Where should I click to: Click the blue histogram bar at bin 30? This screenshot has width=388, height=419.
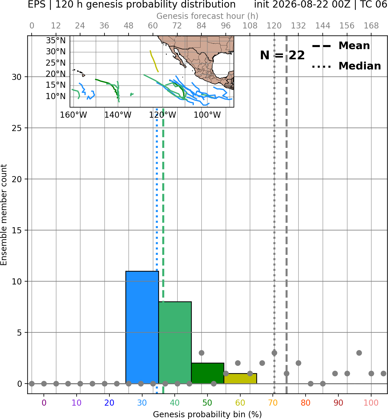(142, 327)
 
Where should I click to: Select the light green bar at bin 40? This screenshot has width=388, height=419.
(175, 343)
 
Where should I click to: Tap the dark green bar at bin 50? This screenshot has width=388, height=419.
(207, 373)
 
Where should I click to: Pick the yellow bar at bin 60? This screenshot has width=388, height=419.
(240, 379)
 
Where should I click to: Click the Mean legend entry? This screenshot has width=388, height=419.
(341, 46)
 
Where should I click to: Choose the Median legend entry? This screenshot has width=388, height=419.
(347, 66)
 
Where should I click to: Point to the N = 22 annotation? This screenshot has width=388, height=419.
(282, 55)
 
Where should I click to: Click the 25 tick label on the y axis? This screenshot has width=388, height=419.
(17, 128)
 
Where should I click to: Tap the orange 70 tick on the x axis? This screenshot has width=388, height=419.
(273, 403)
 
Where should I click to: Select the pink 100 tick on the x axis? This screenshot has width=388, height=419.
(371, 403)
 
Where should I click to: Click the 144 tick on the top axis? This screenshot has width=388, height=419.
(323, 26)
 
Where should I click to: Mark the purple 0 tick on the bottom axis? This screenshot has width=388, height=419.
(44, 403)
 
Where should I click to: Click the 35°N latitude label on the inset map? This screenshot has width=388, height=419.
(56, 40)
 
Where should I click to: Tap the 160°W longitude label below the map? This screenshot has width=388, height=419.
(73, 115)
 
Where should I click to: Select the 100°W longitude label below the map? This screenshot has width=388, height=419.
(207, 115)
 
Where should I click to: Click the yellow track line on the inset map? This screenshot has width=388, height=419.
(154, 61)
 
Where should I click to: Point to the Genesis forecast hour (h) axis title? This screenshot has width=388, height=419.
(207, 16)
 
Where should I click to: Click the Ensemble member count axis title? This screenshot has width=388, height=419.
(3, 215)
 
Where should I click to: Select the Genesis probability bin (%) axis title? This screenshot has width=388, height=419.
(207, 414)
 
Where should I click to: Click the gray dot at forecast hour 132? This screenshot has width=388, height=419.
(298, 363)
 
